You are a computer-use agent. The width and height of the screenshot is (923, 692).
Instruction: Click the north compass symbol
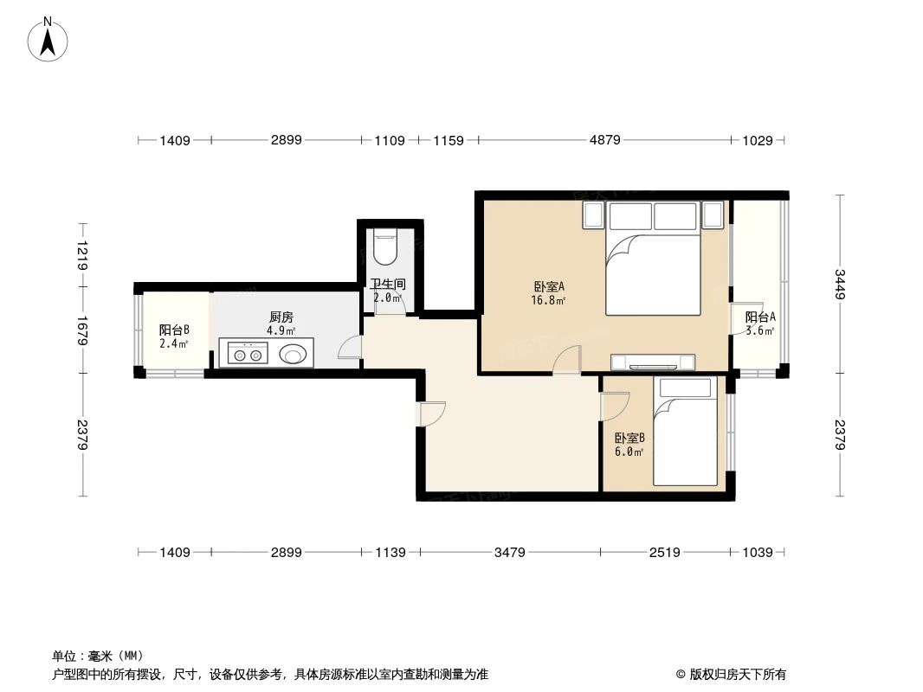(49, 38)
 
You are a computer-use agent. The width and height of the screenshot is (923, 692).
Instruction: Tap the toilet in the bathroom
(384, 247)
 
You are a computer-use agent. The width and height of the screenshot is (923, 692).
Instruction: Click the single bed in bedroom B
(685, 432)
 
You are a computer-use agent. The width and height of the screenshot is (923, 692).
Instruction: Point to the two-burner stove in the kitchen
(247, 353)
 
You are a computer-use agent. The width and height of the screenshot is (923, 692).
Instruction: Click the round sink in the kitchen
(294, 353)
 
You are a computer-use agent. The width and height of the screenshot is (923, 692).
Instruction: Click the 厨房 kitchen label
(281, 317)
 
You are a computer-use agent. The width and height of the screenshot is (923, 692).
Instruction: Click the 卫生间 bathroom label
(388, 284)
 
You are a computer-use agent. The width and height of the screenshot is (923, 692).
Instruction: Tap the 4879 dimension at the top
(604, 140)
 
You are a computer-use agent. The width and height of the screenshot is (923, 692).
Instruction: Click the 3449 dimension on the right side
(839, 285)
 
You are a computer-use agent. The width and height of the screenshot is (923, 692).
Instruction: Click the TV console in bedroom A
(654, 362)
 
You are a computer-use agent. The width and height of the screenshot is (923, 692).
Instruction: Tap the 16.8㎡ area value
(549, 301)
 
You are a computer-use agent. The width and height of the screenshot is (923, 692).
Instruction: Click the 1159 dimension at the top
(449, 140)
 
